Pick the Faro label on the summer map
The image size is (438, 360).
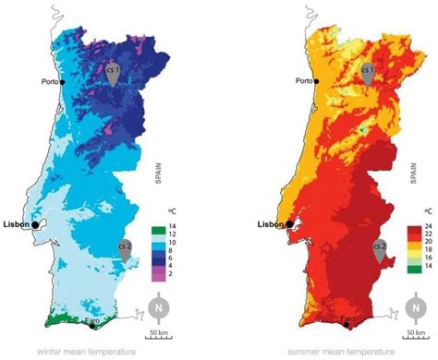347,320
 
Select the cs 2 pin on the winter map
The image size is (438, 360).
125,250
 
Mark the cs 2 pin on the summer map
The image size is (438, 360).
379,250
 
